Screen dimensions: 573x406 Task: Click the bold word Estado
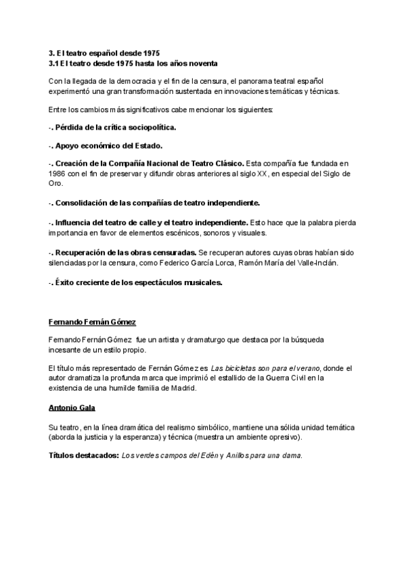click(x=149, y=145)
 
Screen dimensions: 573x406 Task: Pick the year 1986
click(x=58, y=174)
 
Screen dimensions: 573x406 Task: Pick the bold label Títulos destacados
click(x=84, y=455)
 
